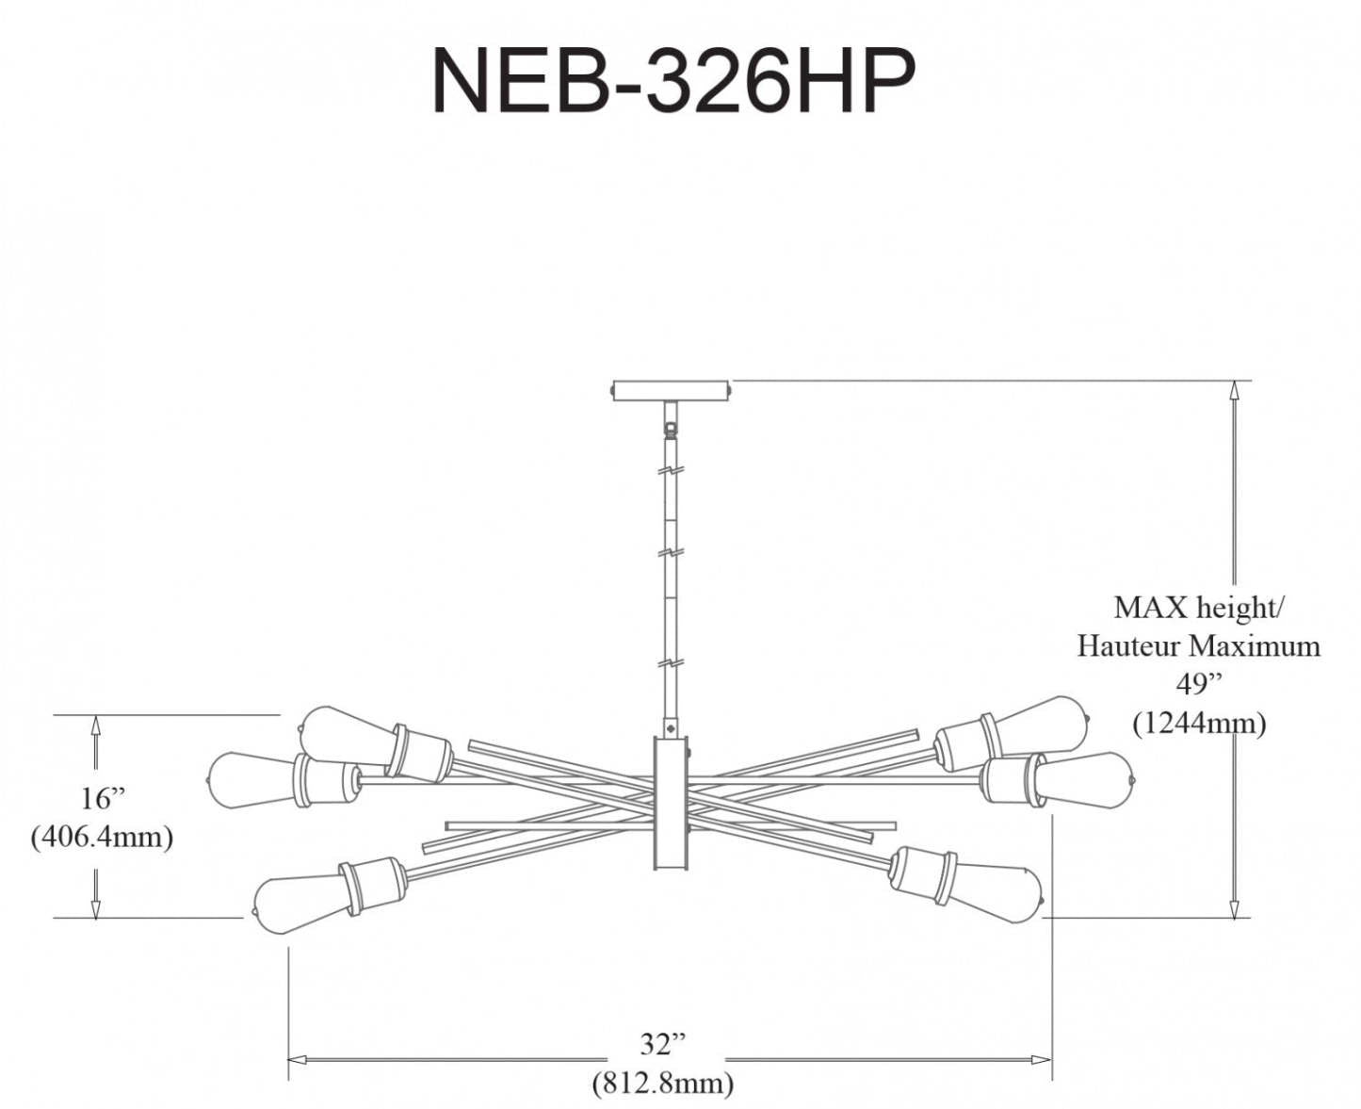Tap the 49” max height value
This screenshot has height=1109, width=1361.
tap(1198, 683)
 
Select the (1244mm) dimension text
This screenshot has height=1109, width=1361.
tap(1198, 723)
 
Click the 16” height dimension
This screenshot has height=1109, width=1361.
tap(102, 798)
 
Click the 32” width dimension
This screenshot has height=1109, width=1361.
tap(663, 1044)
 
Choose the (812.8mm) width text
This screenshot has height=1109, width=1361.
tap(663, 1083)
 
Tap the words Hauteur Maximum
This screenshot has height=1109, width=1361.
tap(1198, 646)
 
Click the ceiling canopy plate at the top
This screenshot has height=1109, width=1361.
tap(671, 389)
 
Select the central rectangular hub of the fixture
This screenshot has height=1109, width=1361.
tap(671, 803)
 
